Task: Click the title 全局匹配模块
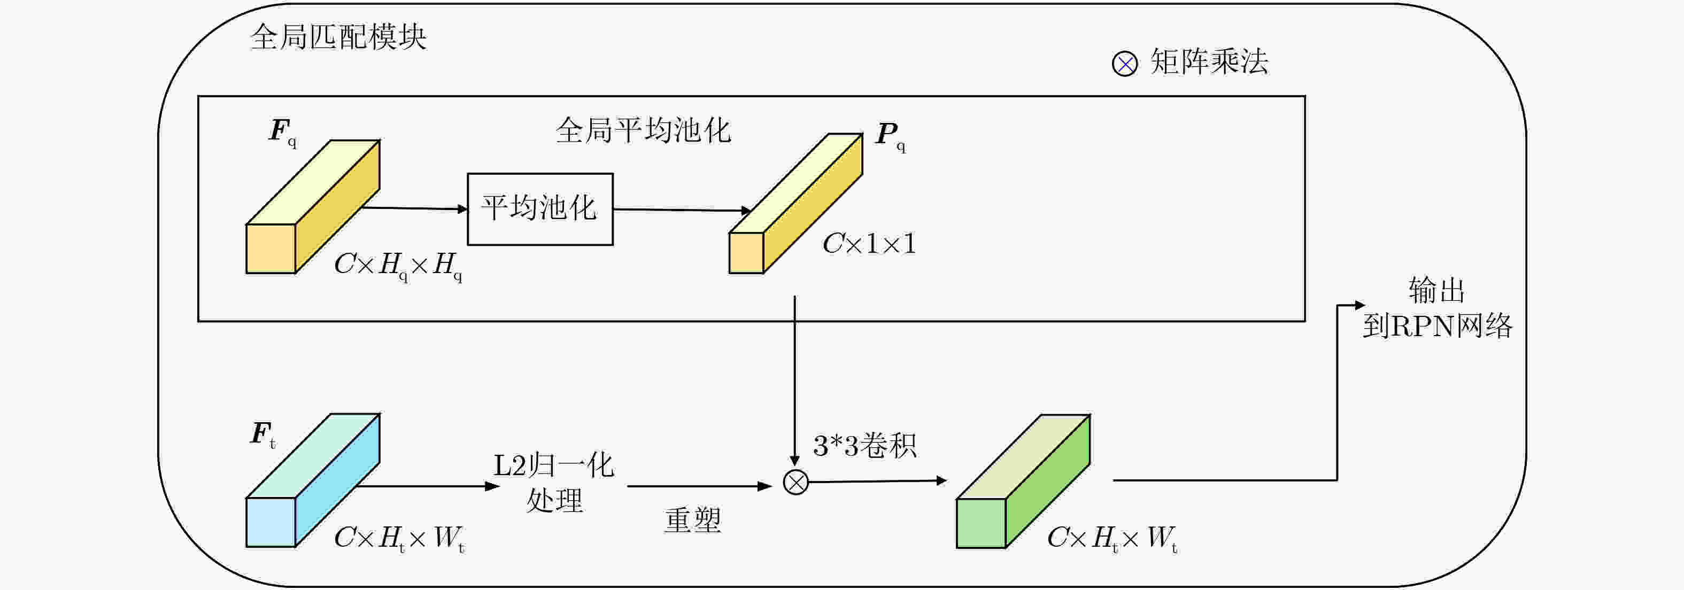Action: pos(338,37)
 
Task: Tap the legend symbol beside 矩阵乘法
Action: pos(1124,64)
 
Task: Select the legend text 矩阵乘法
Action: pos(1209,62)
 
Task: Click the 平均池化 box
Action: pos(540,209)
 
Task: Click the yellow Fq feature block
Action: pos(313,206)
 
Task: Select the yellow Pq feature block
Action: pos(795,203)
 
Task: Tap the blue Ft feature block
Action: pos(313,480)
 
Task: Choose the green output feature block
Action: pos(1023,482)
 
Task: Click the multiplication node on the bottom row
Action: pos(795,483)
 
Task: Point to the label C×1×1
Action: pos(869,244)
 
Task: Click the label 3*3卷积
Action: pos(864,446)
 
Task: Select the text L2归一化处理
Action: pos(554,483)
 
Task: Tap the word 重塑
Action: pos(692,521)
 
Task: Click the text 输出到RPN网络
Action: pos(1437,308)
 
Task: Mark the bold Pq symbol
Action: pos(890,136)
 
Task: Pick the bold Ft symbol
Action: pos(263,434)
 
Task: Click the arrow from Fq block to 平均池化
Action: pos(415,208)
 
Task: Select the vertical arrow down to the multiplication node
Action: pos(795,381)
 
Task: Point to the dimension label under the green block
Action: pos(1112,538)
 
